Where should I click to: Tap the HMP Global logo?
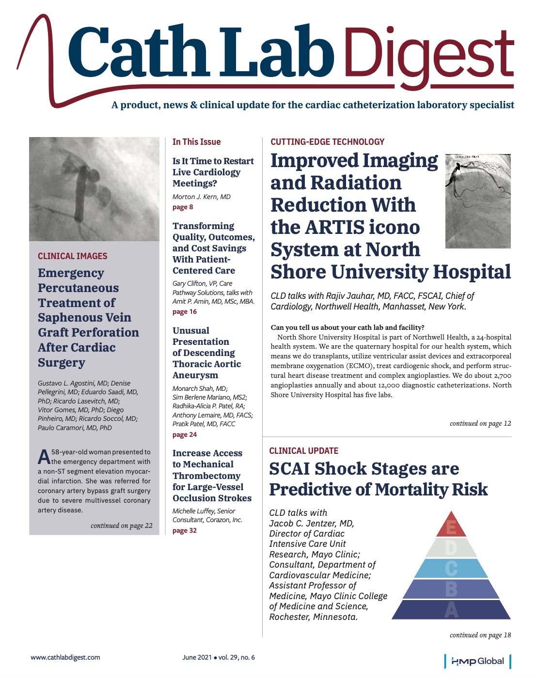[x=477, y=661]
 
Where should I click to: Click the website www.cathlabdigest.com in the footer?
[x=65, y=657]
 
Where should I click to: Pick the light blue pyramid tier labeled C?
[x=451, y=568]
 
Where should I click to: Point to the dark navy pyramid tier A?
[x=451, y=610]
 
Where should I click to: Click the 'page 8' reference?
[x=183, y=207]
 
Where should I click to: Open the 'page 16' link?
[x=185, y=312]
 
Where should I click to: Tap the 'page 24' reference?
[x=185, y=435]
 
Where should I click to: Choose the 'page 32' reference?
[x=185, y=531]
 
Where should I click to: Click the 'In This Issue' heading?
[x=196, y=142]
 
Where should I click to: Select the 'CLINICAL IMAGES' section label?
[x=73, y=256]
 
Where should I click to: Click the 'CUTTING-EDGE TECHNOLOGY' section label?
[x=327, y=142]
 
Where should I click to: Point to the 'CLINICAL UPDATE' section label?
[x=304, y=451]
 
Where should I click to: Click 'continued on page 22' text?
[x=122, y=526]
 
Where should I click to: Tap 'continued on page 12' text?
[x=480, y=424]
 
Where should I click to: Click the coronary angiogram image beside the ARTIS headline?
[x=478, y=201]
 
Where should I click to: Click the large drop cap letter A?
[x=44, y=457]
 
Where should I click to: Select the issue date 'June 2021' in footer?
[x=197, y=657]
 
